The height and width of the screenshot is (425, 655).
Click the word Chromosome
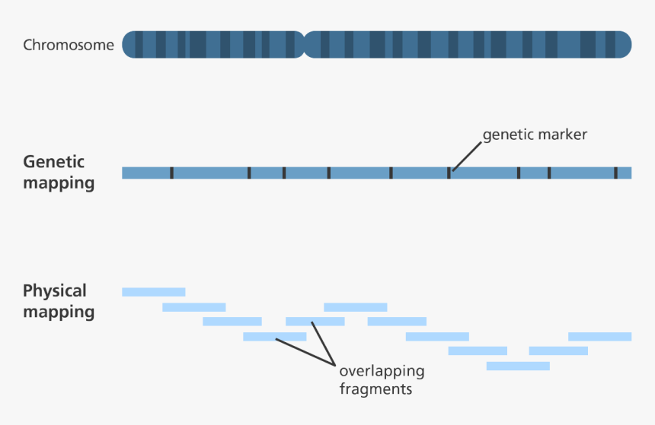pos(69,45)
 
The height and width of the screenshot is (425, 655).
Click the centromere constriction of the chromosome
pos(305,44)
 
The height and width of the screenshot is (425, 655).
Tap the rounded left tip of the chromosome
pos(128,44)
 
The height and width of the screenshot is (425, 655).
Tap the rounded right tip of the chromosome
pos(626,44)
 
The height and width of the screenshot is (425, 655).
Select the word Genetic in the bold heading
pos(53,162)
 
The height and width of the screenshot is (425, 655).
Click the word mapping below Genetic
pos(59,183)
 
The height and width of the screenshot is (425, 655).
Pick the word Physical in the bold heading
pos(55,291)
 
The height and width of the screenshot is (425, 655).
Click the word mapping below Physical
pos(59,312)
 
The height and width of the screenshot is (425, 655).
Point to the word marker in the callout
pos(561,135)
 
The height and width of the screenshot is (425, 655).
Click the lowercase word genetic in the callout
pos(507,135)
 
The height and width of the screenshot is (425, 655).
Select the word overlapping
pos(381,372)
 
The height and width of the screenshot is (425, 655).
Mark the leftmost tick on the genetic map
pos(171,173)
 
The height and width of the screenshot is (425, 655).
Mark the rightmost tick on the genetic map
pos(615,173)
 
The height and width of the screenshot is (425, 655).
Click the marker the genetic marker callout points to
pos(449,173)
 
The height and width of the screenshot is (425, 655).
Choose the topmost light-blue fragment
pos(153,292)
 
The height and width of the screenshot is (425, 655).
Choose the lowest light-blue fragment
pos(518,366)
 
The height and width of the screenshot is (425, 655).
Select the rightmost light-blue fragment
pos(599,336)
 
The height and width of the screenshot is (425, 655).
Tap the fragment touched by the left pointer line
pos(274,336)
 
